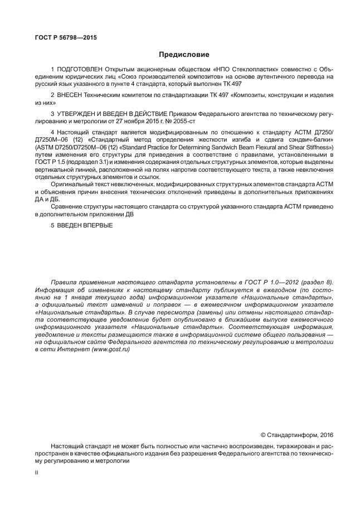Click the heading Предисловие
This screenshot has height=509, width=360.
tap(184, 55)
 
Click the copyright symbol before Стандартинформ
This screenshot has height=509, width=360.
tap(263, 434)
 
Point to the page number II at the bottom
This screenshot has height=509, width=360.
tap(37, 473)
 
